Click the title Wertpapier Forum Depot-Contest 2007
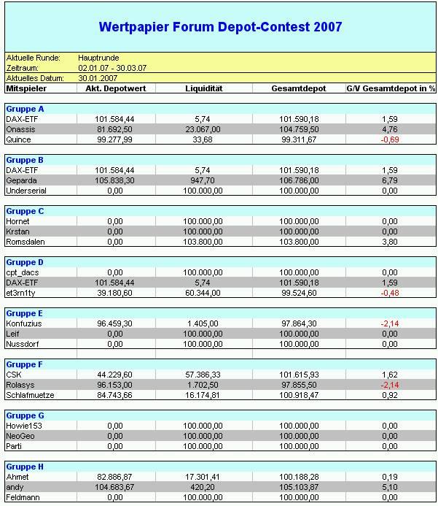(x=220, y=28)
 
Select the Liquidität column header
(x=204, y=88)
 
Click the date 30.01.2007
(x=98, y=78)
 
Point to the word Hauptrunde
(x=98, y=58)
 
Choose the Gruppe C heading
(x=25, y=211)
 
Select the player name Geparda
(x=21, y=180)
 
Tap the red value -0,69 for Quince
(x=389, y=139)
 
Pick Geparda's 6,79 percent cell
(x=389, y=180)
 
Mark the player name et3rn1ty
(x=22, y=293)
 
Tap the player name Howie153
(x=23, y=426)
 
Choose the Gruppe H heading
(x=25, y=467)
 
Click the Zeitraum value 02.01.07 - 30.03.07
(x=112, y=68)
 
